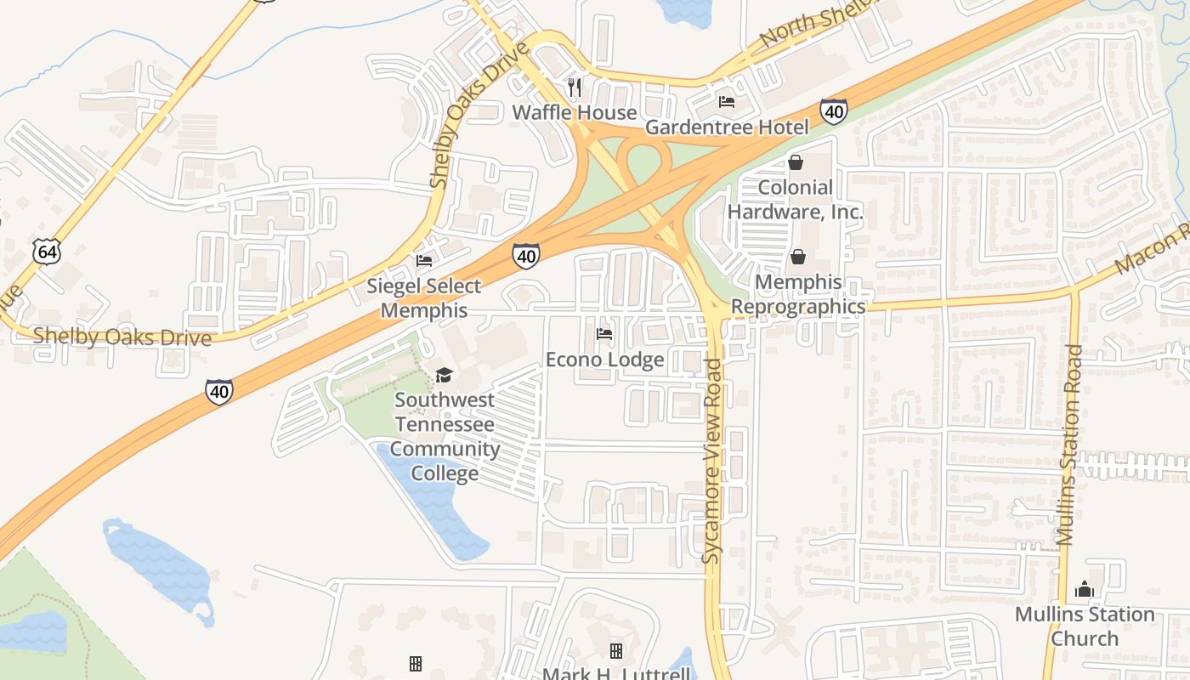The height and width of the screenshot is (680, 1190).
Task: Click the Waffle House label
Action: point(575,113)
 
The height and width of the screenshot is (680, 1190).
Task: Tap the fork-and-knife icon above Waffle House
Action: point(575,87)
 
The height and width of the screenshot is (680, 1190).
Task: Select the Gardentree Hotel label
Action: point(727,127)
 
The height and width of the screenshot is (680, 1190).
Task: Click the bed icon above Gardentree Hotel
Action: point(727,102)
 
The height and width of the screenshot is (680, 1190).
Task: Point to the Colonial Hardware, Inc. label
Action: point(795,200)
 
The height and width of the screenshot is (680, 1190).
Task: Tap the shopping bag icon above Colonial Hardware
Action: point(796,162)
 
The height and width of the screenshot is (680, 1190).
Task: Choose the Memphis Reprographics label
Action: point(798,294)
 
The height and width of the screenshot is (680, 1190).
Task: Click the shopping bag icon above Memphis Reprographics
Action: point(798,257)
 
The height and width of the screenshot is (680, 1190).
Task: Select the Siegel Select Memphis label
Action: point(424,298)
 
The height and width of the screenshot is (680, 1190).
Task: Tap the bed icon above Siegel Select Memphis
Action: point(424,260)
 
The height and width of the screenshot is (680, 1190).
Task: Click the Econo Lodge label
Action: point(604,360)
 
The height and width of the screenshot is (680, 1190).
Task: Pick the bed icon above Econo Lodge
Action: point(604,334)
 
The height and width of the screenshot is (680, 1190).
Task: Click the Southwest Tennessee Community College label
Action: point(445,436)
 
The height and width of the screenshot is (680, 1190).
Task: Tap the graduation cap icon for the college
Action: point(444,375)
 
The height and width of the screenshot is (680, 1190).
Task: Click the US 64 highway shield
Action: point(47,252)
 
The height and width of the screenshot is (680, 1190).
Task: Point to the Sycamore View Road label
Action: point(712,462)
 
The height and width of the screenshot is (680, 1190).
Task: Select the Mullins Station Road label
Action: point(1070,445)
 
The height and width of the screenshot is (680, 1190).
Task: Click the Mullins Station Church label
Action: point(1085,626)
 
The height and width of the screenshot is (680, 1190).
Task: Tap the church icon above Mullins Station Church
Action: point(1084,589)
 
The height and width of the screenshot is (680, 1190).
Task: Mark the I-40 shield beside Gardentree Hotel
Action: point(833,111)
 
